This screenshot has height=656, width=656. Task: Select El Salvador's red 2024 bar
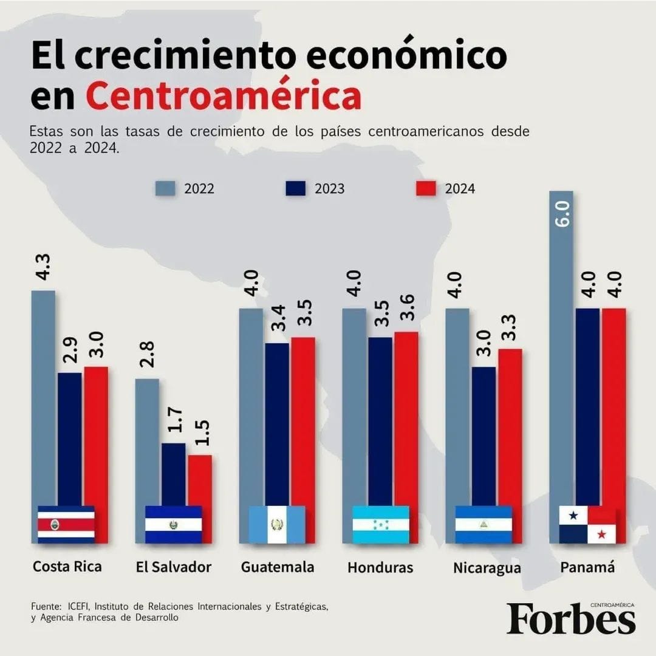[200, 480]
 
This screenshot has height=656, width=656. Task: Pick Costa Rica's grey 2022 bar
[43, 395]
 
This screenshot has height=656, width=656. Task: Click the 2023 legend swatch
[295, 188]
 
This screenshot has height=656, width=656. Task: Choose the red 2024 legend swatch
[426, 188]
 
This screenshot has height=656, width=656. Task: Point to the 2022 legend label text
[199, 189]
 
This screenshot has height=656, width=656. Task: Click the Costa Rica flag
[66, 524]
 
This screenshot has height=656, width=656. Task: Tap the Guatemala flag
[277, 524]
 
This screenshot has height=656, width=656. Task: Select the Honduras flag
[381, 524]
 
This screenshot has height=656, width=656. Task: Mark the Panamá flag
[587, 524]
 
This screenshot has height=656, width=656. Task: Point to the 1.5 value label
[199, 432]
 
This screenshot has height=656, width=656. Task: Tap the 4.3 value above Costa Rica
[43, 267]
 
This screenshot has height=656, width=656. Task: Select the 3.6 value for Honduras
[406, 310]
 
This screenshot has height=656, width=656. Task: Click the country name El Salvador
[174, 567]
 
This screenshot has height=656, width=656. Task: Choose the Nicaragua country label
[487, 568]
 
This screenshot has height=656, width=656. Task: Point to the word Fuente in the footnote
[46, 607]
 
